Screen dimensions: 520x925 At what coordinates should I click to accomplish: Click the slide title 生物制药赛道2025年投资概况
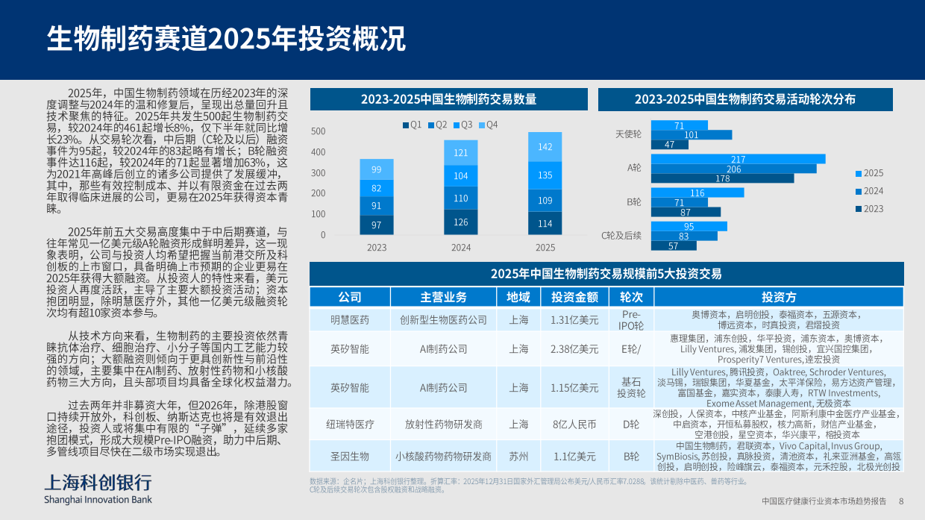tap(227, 39)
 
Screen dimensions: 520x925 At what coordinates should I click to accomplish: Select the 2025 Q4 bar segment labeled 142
tap(545, 148)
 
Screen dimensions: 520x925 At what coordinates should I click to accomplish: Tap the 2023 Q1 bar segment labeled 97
tap(377, 225)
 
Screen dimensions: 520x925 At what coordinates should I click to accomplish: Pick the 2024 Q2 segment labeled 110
tap(461, 198)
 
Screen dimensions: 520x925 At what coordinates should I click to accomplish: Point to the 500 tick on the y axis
tap(318, 132)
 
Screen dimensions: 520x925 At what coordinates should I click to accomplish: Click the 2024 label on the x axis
tap(461, 248)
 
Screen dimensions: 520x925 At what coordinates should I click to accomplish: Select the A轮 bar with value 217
tap(738, 159)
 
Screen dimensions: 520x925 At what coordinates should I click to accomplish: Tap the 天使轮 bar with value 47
tap(669, 145)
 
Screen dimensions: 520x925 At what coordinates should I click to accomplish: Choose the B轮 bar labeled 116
tap(697, 192)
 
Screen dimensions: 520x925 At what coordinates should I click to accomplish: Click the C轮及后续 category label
tap(621, 235)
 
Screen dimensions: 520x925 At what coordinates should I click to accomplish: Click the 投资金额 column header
tap(574, 297)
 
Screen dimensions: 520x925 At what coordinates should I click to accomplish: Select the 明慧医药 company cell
tap(350, 320)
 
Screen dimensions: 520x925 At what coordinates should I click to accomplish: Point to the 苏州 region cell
tap(518, 456)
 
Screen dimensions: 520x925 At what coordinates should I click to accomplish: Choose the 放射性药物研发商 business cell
tap(443, 424)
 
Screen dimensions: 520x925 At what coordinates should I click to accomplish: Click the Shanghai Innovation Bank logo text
tap(98, 498)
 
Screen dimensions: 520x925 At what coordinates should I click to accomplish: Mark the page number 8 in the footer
tap(900, 501)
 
